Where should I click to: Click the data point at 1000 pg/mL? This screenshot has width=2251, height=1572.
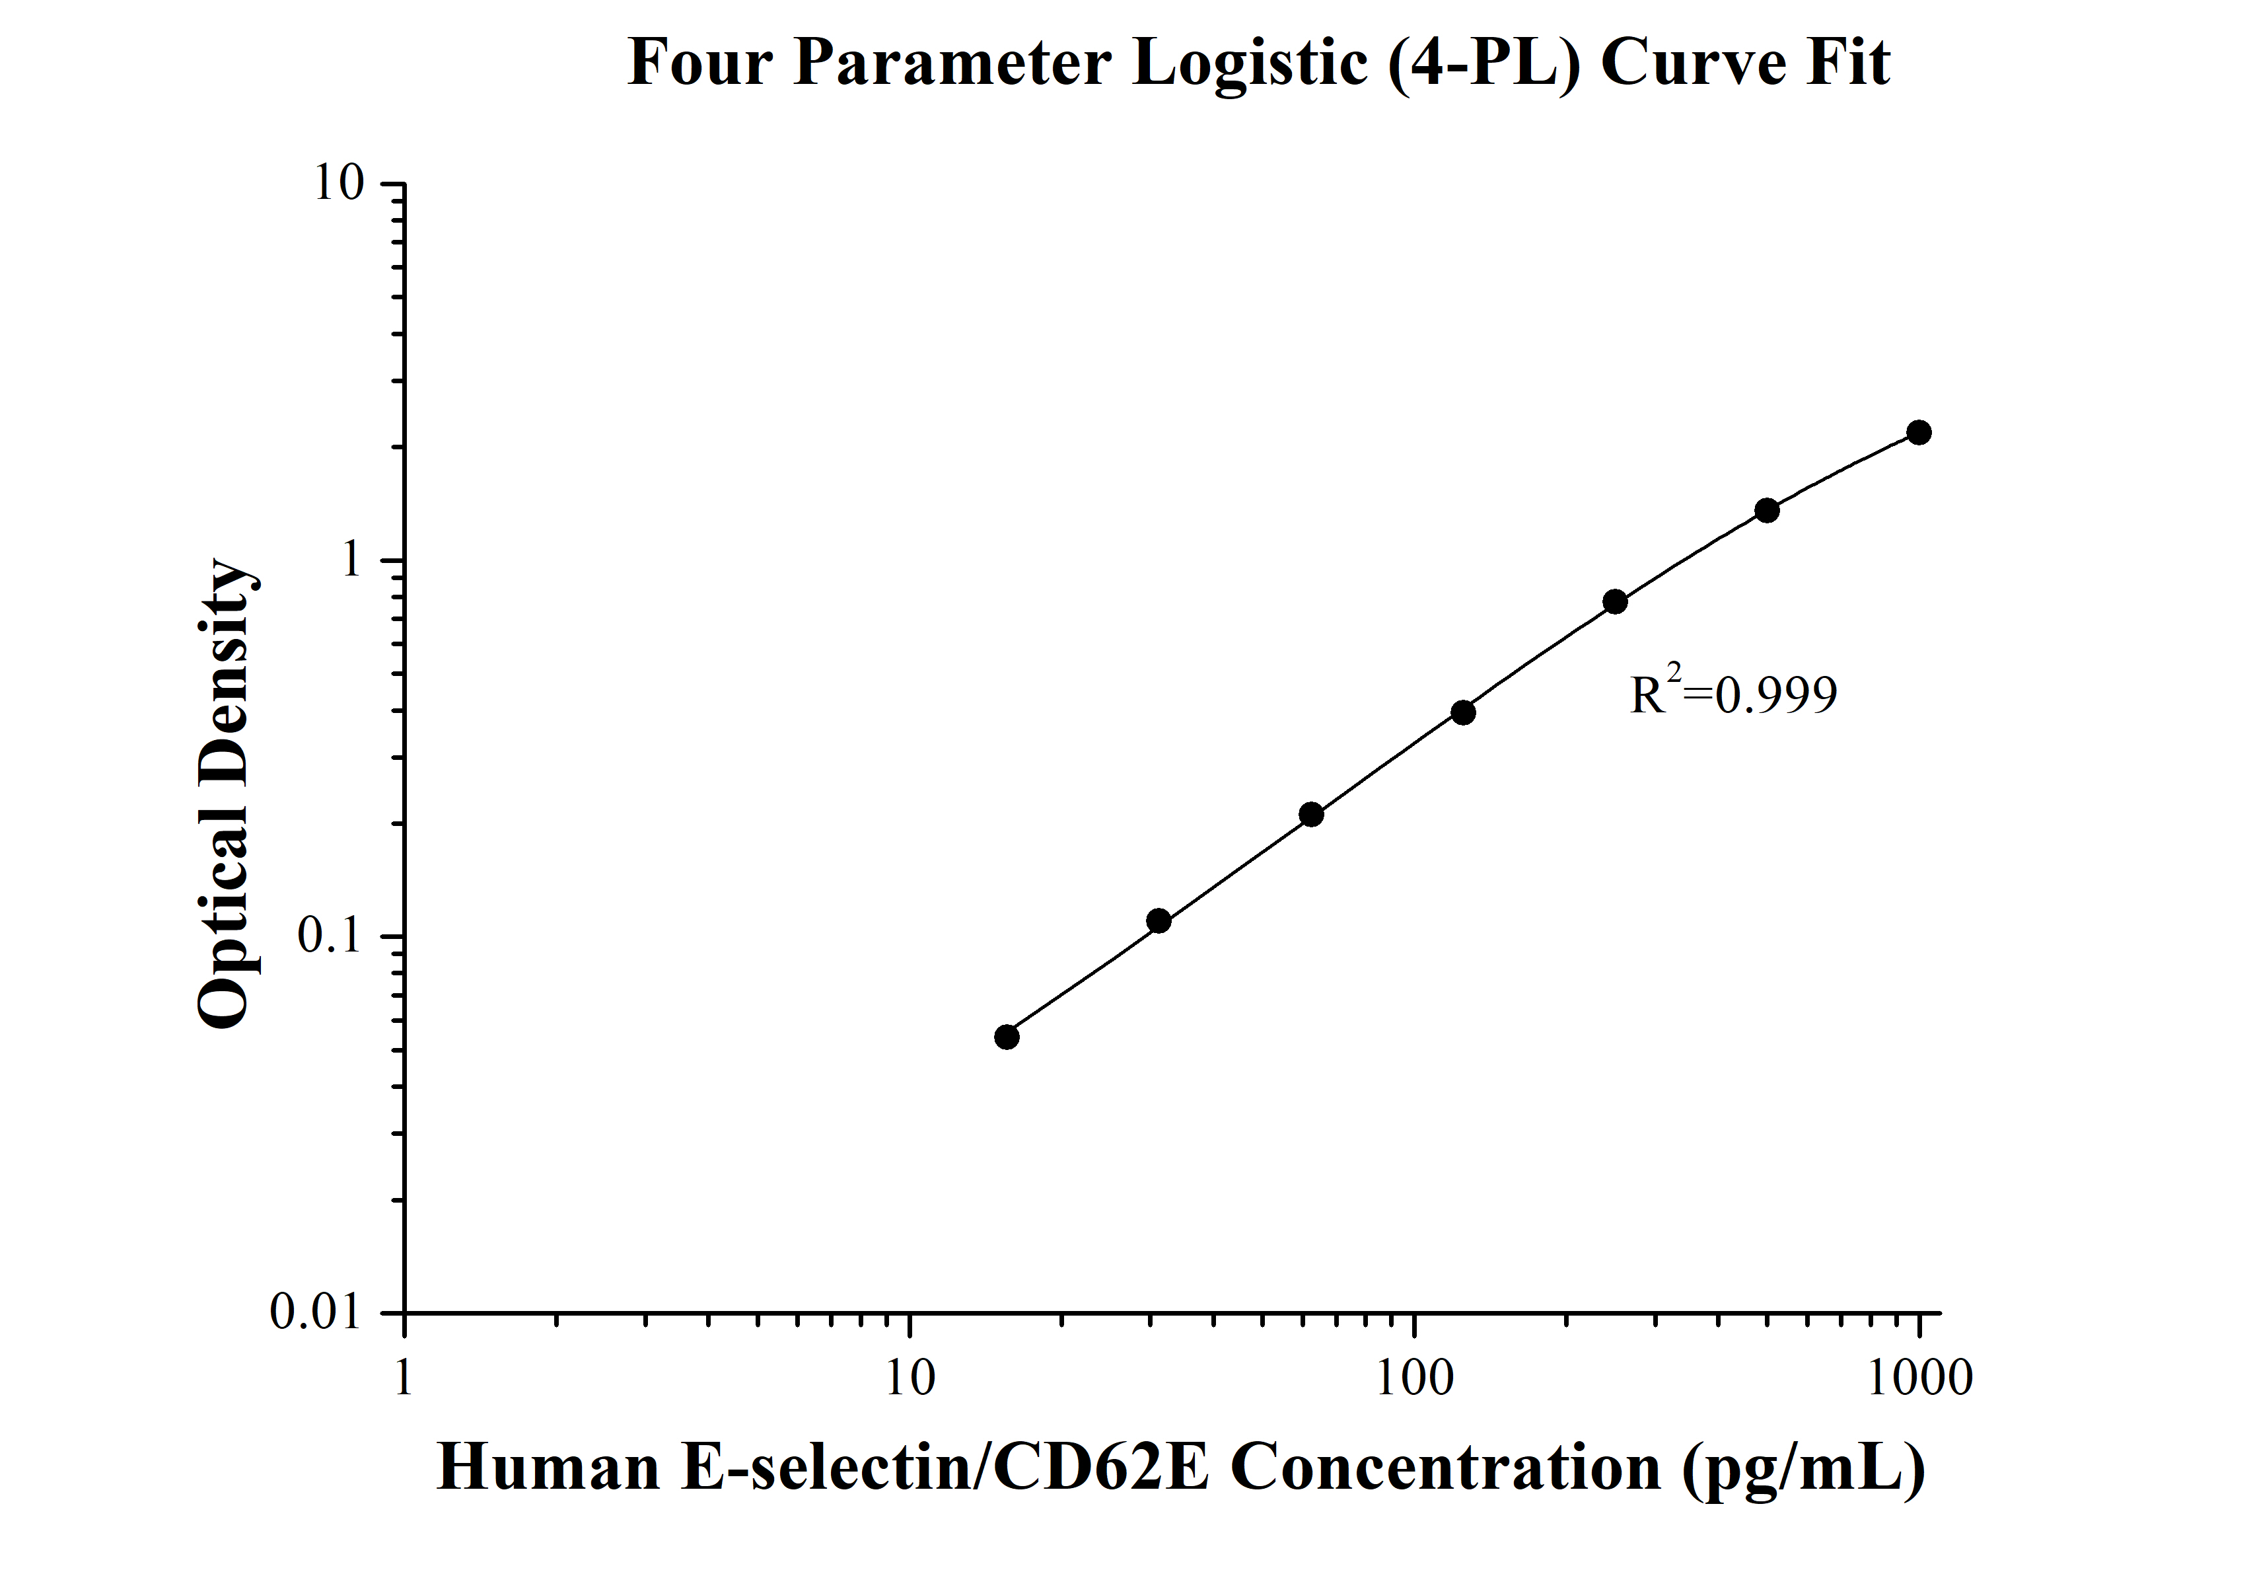point(1919,432)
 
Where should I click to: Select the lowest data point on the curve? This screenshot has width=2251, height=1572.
point(1007,1037)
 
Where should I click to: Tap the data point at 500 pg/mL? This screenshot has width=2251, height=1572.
point(1767,510)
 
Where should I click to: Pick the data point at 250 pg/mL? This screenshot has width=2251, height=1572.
point(1615,601)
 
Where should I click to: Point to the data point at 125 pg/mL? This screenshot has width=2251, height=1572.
point(1463,712)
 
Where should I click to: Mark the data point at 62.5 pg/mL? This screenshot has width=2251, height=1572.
point(1311,814)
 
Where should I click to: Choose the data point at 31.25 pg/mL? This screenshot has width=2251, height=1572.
point(1159,921)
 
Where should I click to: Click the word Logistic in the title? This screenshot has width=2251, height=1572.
point(1250,63)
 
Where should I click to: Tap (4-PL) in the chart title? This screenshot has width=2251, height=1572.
point(1484,63)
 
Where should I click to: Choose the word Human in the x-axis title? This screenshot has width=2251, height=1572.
point(548,1468)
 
